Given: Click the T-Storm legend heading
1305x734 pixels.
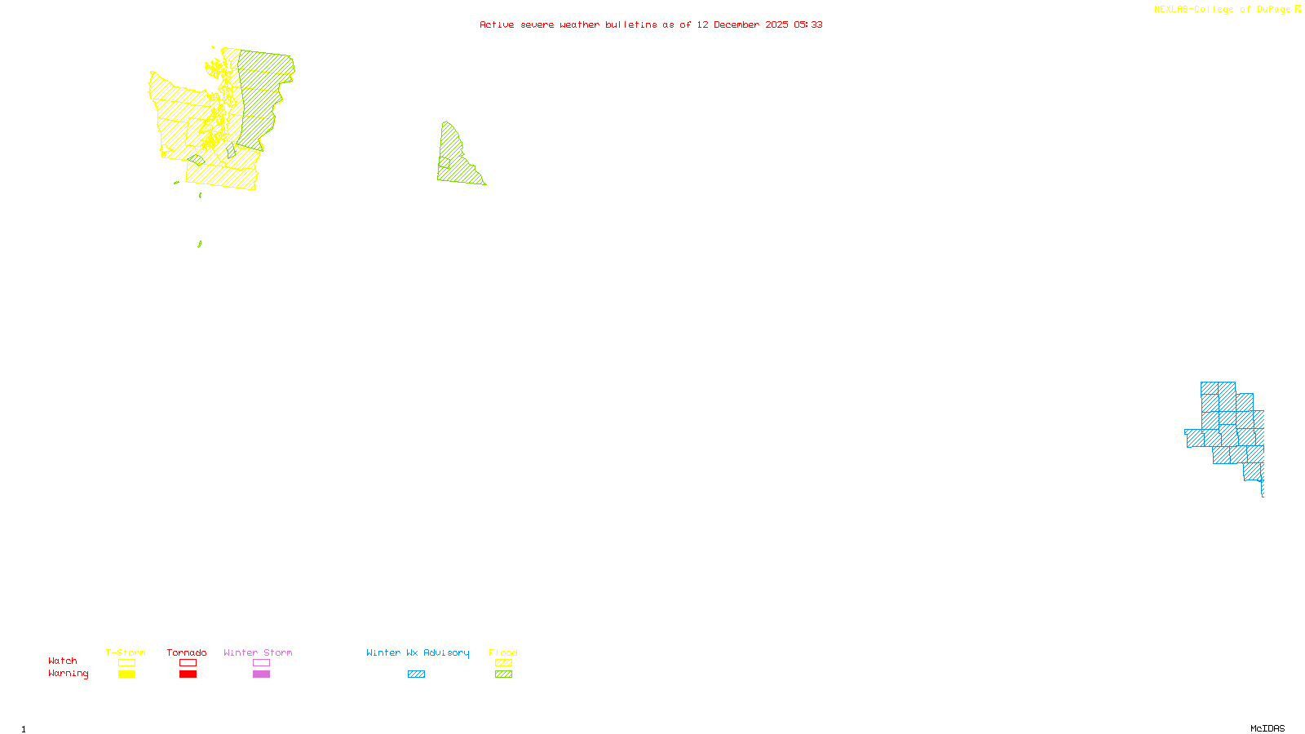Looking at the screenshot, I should click(126, 652).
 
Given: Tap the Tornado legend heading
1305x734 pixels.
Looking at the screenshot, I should click(187, 652).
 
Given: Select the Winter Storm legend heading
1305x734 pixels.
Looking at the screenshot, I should click(258, 652).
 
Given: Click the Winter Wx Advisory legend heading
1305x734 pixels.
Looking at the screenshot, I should click(418, 652).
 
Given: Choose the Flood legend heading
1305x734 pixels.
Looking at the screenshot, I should click(503, 652).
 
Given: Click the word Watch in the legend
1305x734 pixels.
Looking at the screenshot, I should click(63, 661).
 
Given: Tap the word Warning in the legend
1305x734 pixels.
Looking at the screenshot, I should click(69, 674).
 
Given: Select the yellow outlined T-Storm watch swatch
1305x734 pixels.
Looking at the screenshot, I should click(126, 663).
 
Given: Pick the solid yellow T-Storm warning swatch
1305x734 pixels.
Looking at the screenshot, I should click(126, 674).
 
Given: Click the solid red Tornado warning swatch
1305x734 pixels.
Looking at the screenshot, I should click(188, 674).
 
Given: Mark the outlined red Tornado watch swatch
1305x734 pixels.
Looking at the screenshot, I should click(188, 663).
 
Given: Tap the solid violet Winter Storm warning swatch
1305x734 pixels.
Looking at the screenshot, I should click(261, 674).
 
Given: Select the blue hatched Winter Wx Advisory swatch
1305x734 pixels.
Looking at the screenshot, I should click(417, 674).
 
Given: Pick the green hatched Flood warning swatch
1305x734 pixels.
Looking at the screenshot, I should click(504, 674).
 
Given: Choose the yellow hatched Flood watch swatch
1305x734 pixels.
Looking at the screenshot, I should click(504, 663).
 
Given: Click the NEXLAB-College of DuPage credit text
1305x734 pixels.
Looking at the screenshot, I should click(1223, 10).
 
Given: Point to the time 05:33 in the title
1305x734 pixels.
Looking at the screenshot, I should click(808, 24).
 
